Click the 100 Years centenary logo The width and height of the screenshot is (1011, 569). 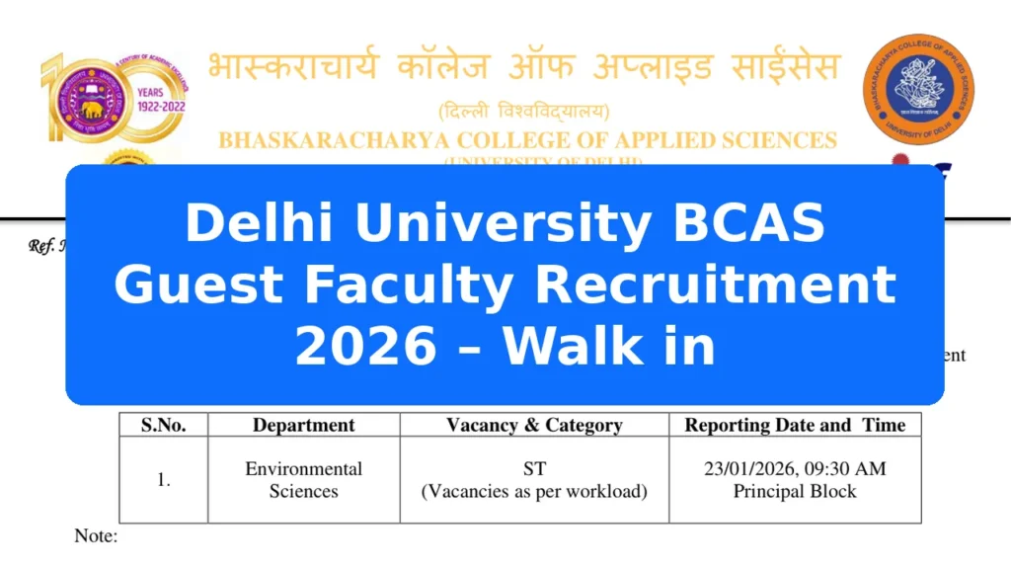pyautogui.click(x=111, y=98)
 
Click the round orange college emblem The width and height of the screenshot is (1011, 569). pyautogui.click(x=918, y=89)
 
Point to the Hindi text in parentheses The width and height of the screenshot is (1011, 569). pyautogui.click(x=523, y=111)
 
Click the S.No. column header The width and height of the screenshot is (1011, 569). pyautogui.click(x=163, y=426)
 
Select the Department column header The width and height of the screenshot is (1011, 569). pyautogui.click(x=303, y=426)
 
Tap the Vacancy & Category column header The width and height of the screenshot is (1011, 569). pyautogui.click(x=534, y=426)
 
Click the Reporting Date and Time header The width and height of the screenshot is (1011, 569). pyautogui.click(x=795, y=426)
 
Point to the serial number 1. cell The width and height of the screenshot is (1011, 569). pyautogui.click(x=163, y=480)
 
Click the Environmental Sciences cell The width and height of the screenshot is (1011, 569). pyautogui.click(x=303, y=480)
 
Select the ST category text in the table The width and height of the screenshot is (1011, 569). pyautogui.click(x=534, y=469)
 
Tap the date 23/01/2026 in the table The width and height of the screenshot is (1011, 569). pyautogui.click(x=752, y=469)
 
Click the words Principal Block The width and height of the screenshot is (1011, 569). pyautogui.click(x=795, y=491)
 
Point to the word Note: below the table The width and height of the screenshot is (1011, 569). pyautogui.click(x=96, y=536)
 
